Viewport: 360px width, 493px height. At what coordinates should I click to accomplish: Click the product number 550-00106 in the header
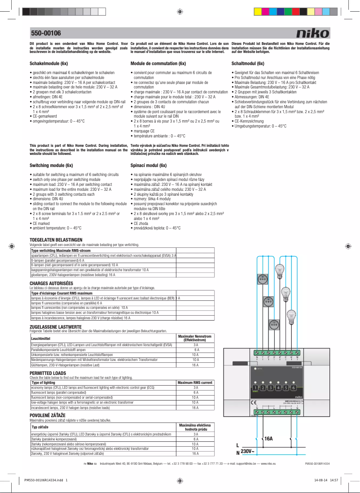[x=46, y=33]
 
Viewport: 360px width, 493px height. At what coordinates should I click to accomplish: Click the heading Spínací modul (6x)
[x=148, y=165]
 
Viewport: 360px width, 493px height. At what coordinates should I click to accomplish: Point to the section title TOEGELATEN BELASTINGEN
[x=56, y=240]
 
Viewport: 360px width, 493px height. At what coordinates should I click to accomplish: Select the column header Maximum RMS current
[x=195, y=383]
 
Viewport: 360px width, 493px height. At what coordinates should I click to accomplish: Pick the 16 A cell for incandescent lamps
[x=195, y=408]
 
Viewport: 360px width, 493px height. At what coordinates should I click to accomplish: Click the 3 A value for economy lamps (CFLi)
[x=195, y=387]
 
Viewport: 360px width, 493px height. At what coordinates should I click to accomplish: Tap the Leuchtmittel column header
[x=40, y=338]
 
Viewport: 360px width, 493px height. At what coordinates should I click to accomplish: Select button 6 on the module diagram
[x=293, y=387]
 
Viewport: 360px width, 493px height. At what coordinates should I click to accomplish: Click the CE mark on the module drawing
[x=254, y=402]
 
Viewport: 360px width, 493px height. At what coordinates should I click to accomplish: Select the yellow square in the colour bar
[x=258, y=11]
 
